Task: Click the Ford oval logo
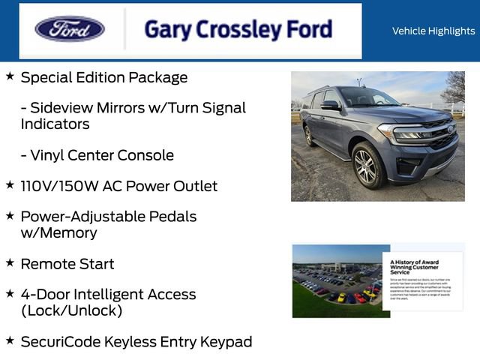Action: (70, 29)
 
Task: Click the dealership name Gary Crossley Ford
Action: (238, 30)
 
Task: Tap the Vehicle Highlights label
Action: (433, 31)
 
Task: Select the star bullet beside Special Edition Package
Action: (10, 76)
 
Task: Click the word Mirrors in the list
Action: (126, 108)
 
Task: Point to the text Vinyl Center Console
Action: (97, 155)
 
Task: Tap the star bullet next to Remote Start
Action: (10, 262)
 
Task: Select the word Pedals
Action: (171, 217)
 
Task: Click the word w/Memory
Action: (58, 232)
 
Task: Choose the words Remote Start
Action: (67, 264)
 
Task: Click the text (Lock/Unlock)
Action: (71, 310)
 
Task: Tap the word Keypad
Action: (226, 342)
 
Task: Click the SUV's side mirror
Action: (330, 106)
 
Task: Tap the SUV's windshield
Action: (366, 97)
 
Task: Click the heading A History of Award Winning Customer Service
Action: (415, 266)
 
